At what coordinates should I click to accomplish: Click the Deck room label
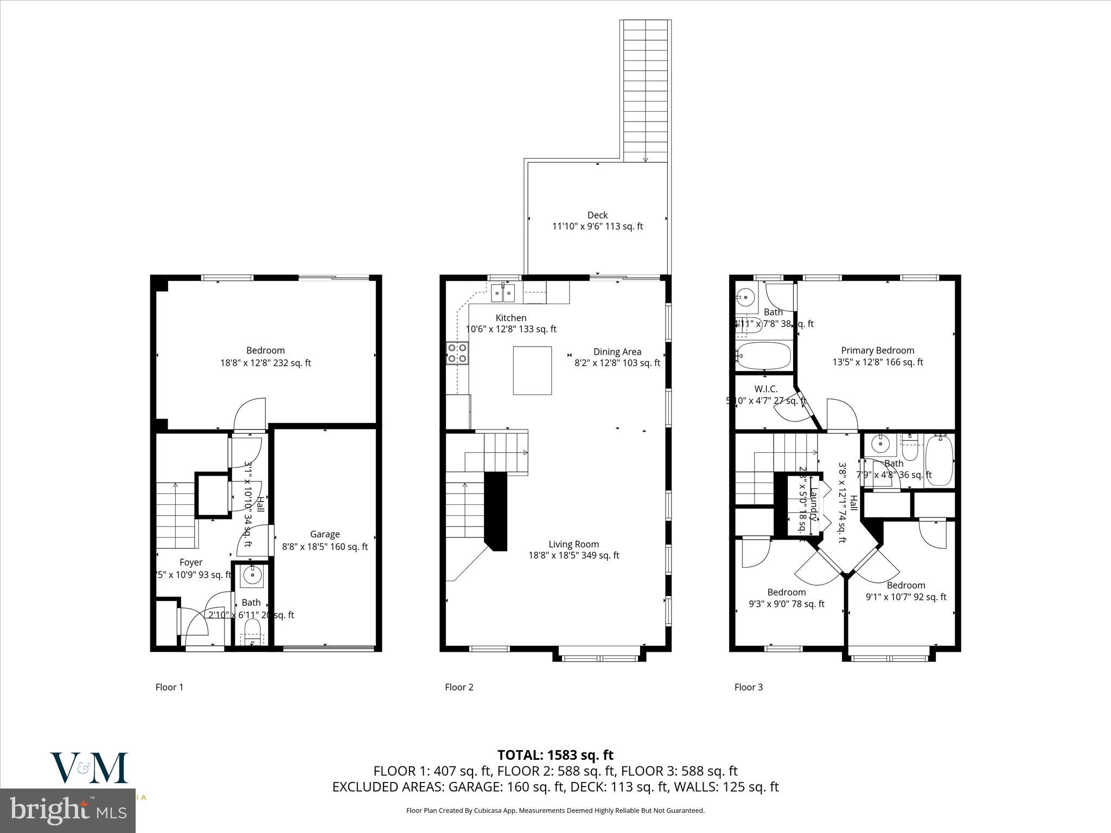(x=597, y=215)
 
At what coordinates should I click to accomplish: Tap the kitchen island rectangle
(x=532, y=370)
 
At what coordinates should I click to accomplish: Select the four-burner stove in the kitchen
(x=457, y=353)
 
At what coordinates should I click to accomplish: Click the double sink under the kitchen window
(x=503, y=293)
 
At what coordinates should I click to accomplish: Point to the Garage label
(x=324, y=534)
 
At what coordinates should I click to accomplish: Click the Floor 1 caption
(x=169, y=687)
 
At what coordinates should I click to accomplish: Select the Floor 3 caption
(x=748, y=687)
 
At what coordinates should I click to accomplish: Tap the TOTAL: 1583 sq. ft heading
(x=555, y=755)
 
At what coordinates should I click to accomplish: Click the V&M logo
(x=90, y=767)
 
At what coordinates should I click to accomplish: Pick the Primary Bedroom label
(x=877, y=350)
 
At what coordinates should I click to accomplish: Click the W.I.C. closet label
(x=765, y=389)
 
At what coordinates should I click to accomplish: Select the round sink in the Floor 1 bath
(x=252, y=575)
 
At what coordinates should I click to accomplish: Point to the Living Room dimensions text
(x=573, y=555)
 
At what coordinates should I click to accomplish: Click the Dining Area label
(x=617, y=351)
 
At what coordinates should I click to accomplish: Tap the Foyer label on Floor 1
(x=191, y=562)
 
